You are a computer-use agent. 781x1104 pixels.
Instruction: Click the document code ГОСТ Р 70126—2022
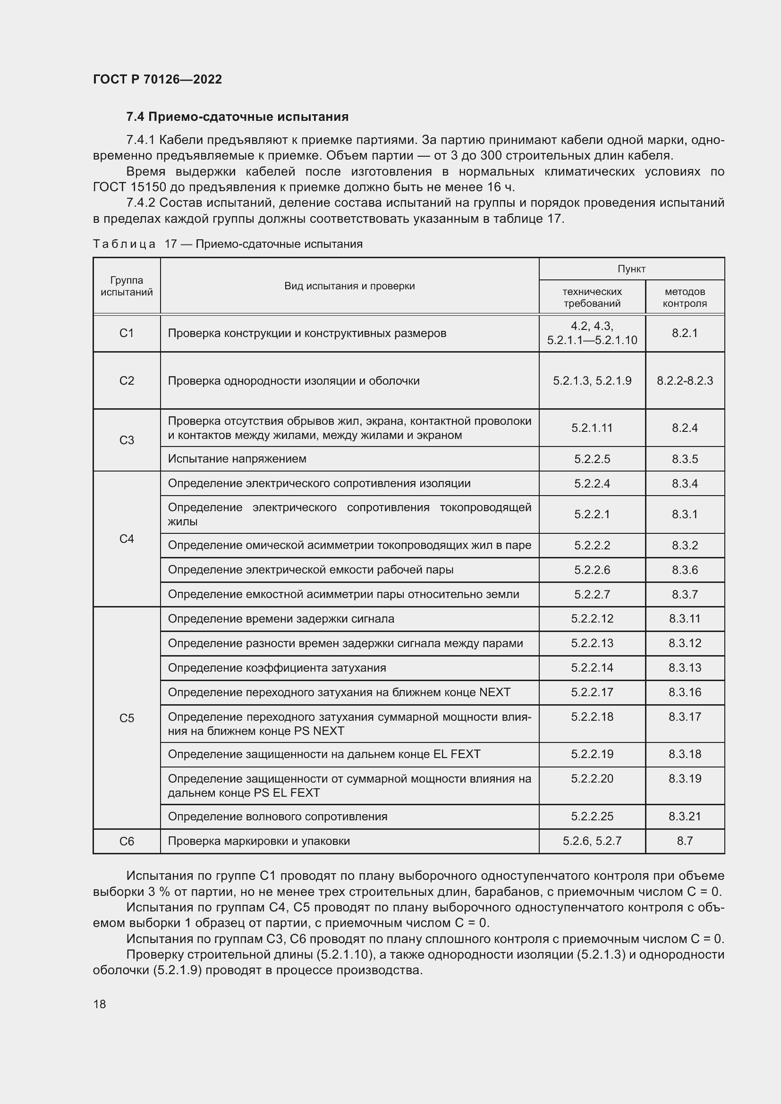[x=157, y=79]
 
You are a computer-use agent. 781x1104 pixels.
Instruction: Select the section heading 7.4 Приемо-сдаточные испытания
[x=237, y=117]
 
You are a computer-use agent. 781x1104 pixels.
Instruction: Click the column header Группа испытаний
[x=127, y=286]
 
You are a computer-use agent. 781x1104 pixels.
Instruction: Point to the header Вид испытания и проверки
[x=349, y=286]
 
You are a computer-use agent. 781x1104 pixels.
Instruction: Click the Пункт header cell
[x=631, y=269]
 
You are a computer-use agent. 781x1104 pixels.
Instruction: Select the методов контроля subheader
[x=684, y=297]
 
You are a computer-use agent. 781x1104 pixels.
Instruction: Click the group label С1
[x=127, y=333]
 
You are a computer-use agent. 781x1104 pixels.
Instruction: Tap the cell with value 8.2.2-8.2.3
[x=684, y=381]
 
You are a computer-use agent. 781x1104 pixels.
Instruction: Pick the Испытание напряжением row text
[x=237, y=459]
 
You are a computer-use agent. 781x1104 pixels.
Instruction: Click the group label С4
[x=127, y=539]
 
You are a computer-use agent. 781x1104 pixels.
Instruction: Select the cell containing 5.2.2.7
[x=592, y=594]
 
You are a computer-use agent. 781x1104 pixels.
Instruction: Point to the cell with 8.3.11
[x=684, y=619]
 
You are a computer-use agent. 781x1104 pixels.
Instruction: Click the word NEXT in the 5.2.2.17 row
[x=494, y=692]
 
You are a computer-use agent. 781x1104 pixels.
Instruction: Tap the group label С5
[x=127, y=718]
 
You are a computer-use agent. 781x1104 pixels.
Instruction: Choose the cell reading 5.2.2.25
[x=592, y=817]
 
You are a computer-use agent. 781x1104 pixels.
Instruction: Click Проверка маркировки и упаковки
[x=259, y=841]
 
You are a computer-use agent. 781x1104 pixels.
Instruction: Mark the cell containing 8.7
[x=684, y=841]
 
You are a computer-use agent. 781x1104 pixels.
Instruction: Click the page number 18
[x=100, y=1004]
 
